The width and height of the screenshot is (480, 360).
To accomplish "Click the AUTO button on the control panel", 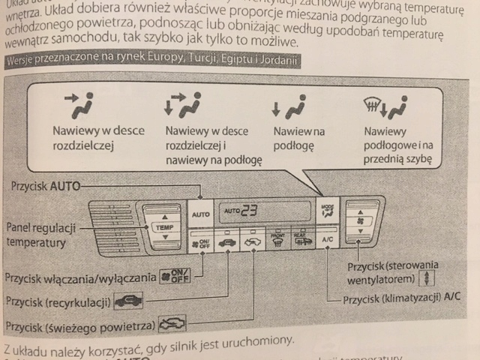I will (x=201, y=214).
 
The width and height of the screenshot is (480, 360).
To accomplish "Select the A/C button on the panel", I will (x=327, y=239).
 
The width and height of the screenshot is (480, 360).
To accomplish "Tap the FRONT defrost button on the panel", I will (x=278, y=241).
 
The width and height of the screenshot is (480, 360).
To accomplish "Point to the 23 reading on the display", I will (x=248, y=211).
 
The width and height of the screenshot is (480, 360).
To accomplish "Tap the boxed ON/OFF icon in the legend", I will (x=169, y=276).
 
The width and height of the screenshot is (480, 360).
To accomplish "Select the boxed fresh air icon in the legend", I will (x=172, y=326).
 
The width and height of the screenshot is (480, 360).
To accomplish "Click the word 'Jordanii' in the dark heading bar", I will (x=278, y=60).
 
